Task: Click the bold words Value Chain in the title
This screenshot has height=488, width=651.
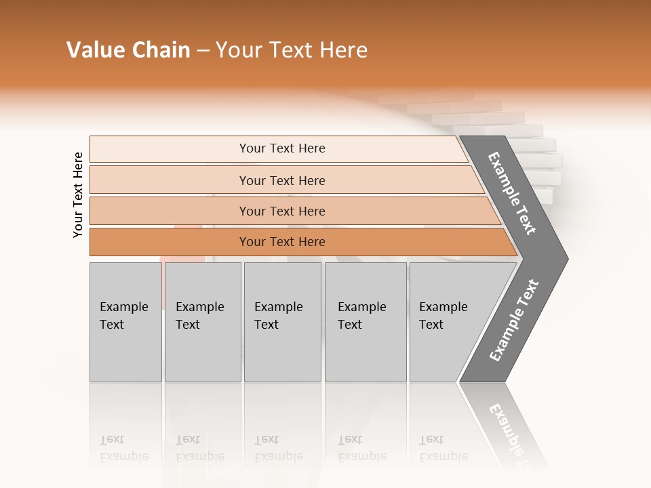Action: click(128, 50)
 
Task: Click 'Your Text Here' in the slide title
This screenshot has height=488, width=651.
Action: click(292, 50)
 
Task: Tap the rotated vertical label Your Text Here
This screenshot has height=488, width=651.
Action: click(78, 195)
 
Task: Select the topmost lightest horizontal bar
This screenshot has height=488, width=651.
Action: click(281, 148)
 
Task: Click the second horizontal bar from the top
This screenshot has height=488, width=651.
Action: click(281, 180)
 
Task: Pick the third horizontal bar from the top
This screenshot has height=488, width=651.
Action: click(281, 211)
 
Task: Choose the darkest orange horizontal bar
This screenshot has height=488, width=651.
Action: click(281, 242)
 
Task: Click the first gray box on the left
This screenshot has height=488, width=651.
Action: click(125, 322)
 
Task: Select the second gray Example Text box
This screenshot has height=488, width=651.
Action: click(202, 322)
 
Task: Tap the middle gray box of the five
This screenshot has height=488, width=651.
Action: click(282, 322)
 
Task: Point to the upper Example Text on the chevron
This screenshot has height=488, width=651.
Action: click(512, 194)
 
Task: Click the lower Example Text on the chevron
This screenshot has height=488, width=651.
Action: click(514, 321)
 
